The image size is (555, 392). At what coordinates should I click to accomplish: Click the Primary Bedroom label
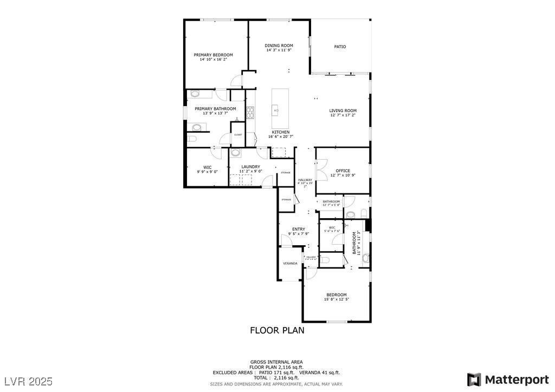coord(214,55)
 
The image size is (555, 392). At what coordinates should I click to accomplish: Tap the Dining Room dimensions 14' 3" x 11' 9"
coord(279,50)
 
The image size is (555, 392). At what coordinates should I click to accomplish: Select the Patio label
coord(340,47)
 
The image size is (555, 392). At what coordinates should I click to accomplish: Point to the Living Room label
coord(343,110)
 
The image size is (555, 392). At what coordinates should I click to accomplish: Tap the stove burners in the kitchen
coord(250,113)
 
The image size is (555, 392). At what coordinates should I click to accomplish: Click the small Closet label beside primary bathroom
coord(238,134)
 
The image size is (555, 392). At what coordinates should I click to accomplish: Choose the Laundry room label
coord(250,167)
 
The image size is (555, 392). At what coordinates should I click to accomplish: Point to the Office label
coord(343,171)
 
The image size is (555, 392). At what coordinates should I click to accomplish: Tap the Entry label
coord(298,229)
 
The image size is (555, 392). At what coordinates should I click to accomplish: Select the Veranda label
coord(290,263)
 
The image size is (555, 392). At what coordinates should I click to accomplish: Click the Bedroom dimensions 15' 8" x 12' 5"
coord(336,299)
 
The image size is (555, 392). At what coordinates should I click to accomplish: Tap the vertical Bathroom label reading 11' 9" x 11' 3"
coord(356,243)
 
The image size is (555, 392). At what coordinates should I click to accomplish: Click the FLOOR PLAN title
coord(276,330)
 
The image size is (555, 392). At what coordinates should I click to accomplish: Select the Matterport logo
coord(508,379)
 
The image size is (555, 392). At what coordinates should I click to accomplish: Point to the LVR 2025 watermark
coord(27,382)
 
